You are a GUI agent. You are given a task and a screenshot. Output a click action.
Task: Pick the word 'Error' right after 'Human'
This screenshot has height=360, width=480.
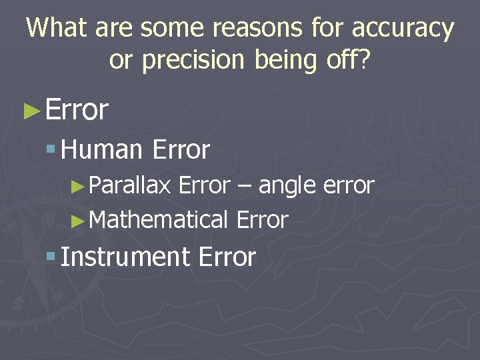click(181, 151)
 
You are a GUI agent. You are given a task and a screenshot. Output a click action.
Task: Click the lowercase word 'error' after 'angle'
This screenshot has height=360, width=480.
click(348, 187)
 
